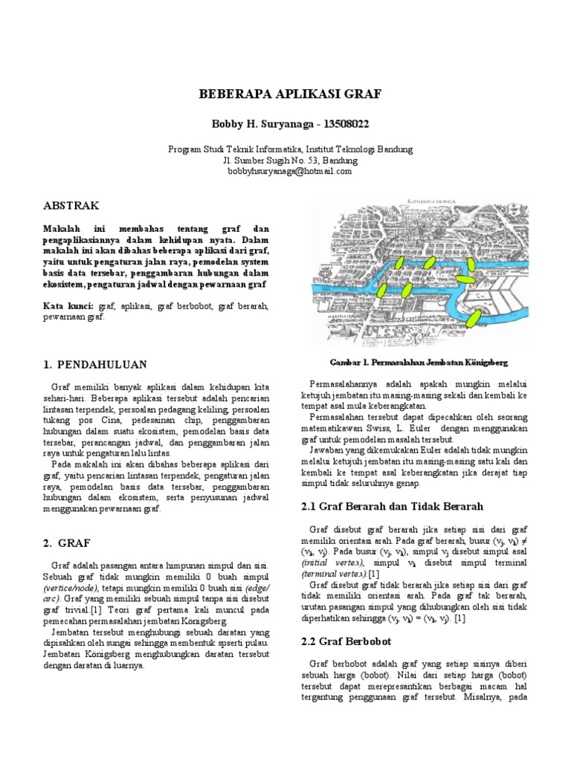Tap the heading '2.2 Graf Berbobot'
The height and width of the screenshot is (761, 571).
pyautogui.click(x=345, y=641)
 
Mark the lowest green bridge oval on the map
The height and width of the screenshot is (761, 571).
pyautogui.click(x=473, y=320)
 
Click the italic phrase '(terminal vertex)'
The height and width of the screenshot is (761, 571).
pyautogui.click(x=334, y=574)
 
